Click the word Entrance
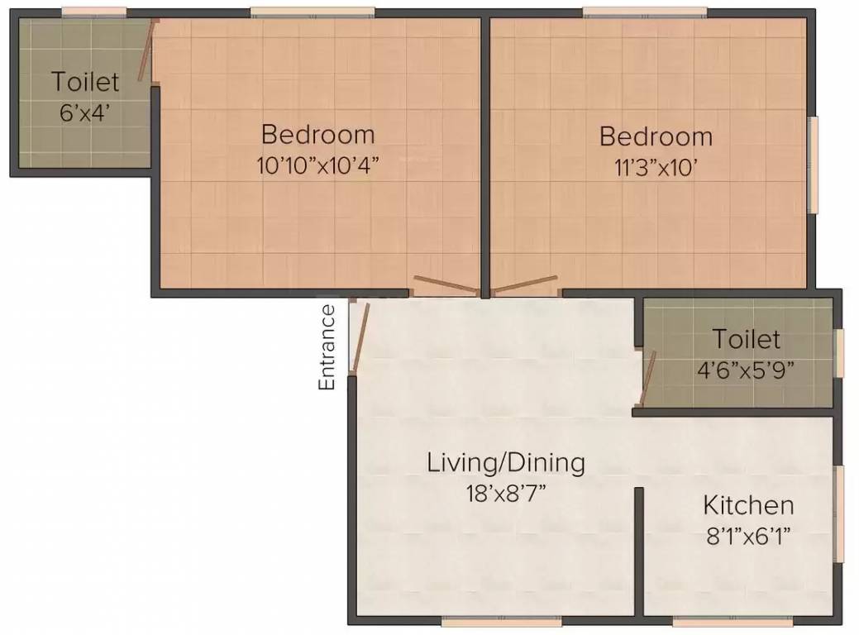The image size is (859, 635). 327,347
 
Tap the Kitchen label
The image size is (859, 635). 748,505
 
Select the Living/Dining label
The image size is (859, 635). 506,464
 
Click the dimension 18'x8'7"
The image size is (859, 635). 506,494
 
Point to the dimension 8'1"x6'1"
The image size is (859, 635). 748,536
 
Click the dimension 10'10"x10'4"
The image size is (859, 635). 318,165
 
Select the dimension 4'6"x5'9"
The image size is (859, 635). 746,371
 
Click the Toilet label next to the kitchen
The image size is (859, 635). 746,339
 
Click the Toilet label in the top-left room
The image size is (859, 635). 85,82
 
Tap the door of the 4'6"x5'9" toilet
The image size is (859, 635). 650,378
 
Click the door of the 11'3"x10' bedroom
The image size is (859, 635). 524,284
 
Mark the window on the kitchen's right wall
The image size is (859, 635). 838,513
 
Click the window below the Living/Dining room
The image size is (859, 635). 501,621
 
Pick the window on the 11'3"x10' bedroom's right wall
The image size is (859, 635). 814,165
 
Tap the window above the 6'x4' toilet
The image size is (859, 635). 93,12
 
